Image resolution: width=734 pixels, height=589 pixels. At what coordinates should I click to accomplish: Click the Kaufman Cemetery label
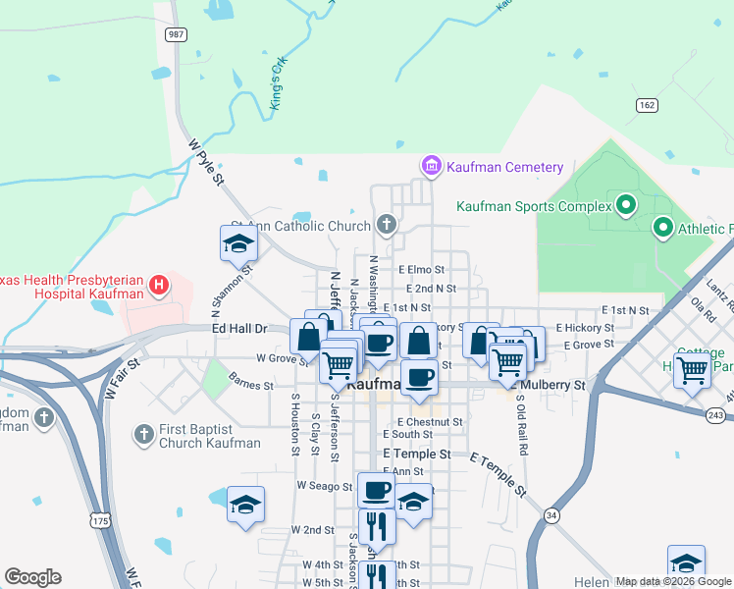tap(504, 167)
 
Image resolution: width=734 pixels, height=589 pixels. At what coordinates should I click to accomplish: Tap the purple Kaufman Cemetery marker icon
tap(431, 167)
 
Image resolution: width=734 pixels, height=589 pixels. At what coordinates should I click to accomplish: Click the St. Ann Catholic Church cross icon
tap(388, 226)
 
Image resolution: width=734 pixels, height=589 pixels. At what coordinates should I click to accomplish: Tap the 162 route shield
tap(646, 104)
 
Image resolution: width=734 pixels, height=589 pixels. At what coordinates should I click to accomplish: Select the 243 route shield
tap(716, 416)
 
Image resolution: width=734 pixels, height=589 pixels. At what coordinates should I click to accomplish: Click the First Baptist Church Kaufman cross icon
tap(143, 433)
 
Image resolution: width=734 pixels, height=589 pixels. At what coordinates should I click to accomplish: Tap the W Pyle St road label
tap(206, 163)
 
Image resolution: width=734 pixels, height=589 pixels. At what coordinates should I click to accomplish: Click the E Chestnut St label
tap(429, 421)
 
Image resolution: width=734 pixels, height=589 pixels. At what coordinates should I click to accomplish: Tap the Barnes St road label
tap(250, 386)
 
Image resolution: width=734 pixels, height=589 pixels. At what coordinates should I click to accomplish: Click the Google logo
tap(33, 577)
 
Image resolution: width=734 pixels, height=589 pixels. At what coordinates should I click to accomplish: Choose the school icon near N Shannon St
tap(238, 243)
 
